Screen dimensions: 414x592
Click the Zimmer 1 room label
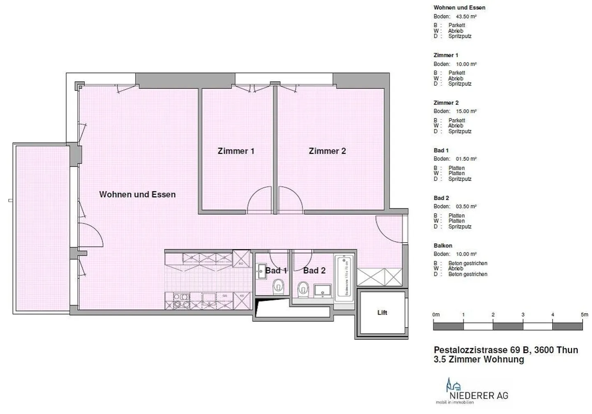click(x=236, y=151)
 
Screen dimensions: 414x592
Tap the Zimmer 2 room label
click(x=327, y=151)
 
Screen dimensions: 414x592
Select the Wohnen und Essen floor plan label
click(x=137, y=194)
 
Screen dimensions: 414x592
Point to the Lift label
click(x=382, y=312)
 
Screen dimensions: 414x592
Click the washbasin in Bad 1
click(x=261, y=270)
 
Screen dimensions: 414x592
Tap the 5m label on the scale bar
click(x=584, y=315)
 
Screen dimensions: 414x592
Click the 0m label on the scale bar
click(x=436, y=315)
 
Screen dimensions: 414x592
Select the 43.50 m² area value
click(x=466, y=17)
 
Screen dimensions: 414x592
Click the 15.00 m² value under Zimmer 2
click(x=466, y=111)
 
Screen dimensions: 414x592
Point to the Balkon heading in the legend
click(x=443, y=246)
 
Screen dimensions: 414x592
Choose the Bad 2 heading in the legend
click(x=441, y=198)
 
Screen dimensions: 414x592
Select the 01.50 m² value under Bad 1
click(x=466, y=159)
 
